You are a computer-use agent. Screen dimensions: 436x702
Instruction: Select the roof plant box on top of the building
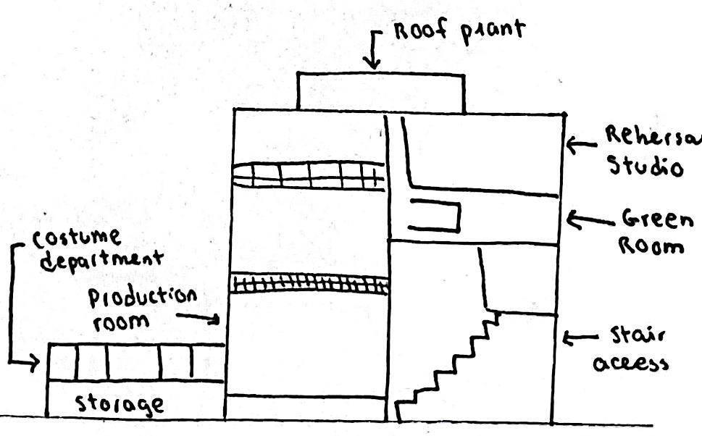click(380, 91)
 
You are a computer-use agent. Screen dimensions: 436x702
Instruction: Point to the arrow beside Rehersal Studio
click(580, 145)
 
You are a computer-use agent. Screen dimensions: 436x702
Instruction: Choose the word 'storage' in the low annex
click(120, 403)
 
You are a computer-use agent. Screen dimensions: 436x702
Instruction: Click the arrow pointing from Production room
click(203, 317)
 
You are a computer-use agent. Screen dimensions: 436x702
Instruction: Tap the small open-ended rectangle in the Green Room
click(435, 217)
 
